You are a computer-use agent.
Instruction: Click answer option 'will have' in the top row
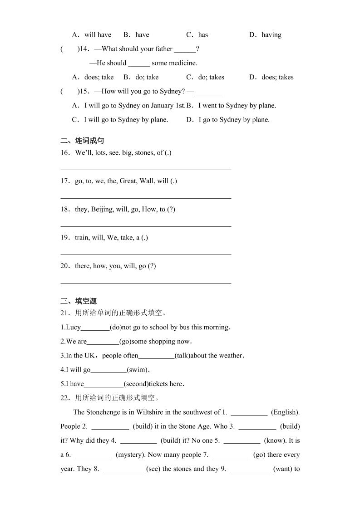click(98, 35)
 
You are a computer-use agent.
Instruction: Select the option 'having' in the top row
click(271, 35)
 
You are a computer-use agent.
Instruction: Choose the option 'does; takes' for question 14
click(277, 77)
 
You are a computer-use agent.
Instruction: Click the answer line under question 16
click(146, 169)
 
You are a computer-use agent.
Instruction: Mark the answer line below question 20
click(146, 282)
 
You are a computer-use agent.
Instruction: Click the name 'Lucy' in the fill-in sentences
click(74, 328)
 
